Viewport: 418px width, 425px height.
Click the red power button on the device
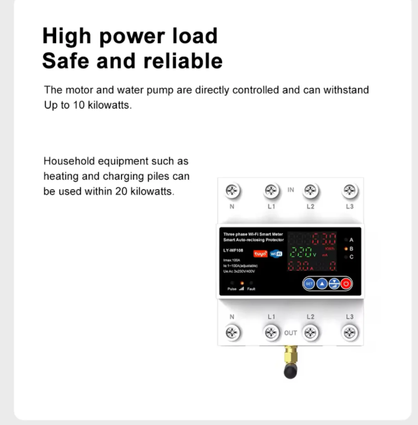[346, 283]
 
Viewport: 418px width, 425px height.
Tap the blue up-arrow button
[322, 283]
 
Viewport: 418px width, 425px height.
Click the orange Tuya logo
[260, 253]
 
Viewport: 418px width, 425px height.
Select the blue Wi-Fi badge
[276, 253]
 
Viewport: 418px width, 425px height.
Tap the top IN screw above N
[232, 190]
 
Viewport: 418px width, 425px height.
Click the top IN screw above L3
[349, 190]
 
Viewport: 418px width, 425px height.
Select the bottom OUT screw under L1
[271, 333]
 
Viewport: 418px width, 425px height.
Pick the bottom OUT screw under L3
[349, 333]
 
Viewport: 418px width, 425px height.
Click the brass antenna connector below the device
[290, 358]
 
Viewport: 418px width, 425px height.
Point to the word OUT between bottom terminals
[291, 333]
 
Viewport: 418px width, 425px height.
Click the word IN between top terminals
[291, 188]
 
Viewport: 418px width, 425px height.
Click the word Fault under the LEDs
[251, 289]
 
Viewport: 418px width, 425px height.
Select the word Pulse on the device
[232, 289]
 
